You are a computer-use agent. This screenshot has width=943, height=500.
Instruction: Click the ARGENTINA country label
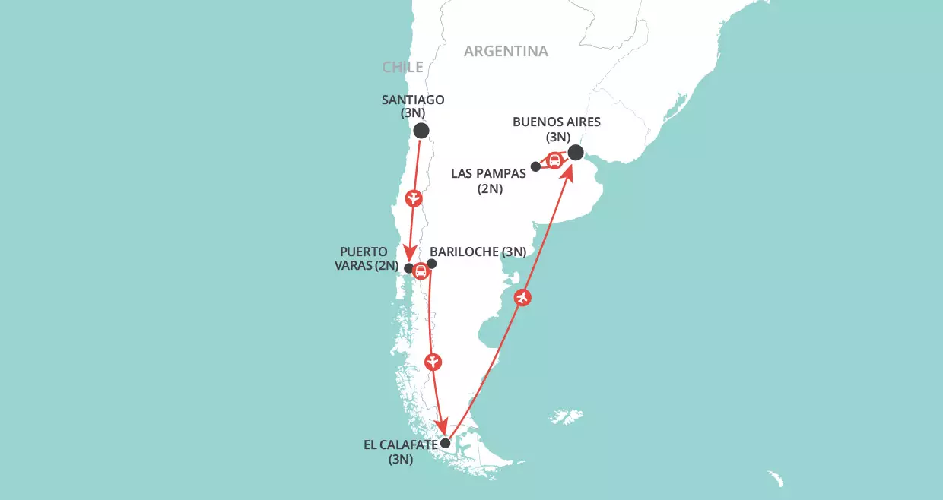click(x=506, y=51)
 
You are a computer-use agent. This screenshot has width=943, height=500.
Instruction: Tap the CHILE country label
click(x=402, y=67)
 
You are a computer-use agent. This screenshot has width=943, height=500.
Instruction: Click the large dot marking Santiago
click(x=421, y=131)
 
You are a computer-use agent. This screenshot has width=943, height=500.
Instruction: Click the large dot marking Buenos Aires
click(x=576, y=153)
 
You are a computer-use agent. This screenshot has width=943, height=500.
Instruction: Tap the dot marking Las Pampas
click(x=535, y=166)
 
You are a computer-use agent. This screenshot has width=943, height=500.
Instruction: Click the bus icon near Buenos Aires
click(x=555, y=160)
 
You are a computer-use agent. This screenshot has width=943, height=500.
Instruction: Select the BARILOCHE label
click(x=478, y=252)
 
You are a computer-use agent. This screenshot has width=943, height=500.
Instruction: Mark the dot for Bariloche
click(x=432, y=264)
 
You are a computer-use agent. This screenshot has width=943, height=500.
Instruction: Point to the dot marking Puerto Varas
click(x=408, y=268)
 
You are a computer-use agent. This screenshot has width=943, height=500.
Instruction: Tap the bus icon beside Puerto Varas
click(x=420, y=271)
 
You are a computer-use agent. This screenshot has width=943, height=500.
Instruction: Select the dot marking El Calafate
click(x=446, y=443)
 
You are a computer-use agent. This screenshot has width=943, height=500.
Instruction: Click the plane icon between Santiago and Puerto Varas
click(x=414, y=199)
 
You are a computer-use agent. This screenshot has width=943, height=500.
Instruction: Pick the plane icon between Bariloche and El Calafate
click(x=432, y=361)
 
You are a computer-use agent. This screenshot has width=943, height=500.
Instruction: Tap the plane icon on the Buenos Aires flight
click(x=522, y=298)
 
